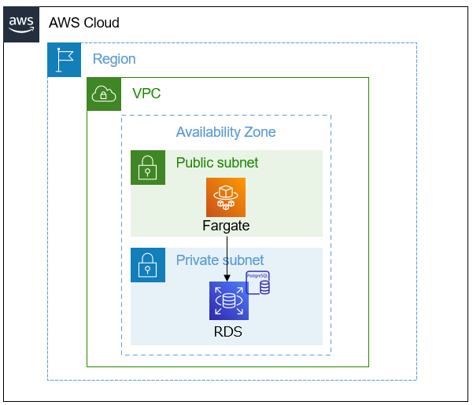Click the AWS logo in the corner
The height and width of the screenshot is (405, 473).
[21, 24]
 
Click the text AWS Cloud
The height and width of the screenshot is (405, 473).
[83, 23]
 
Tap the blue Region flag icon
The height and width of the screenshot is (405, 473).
[64, 60]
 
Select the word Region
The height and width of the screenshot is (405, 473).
[114, 59]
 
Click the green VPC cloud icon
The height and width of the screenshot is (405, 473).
[104, 94]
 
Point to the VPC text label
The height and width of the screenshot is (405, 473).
[146, 94]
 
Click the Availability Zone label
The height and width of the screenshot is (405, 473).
[226, 132]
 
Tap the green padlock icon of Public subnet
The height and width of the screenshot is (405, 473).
[147, 167]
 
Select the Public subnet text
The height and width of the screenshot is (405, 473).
[217, 163]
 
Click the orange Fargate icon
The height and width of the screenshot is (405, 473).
[226, 197]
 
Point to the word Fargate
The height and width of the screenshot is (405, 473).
[226, 226]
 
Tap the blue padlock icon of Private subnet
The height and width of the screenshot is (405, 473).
[147, 264]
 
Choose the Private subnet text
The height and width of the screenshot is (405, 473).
[220, 260]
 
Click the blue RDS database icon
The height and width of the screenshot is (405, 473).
[228, 301]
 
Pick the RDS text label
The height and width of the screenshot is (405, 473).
[228, 332]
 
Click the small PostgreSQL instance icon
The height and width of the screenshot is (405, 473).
[259, 283]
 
